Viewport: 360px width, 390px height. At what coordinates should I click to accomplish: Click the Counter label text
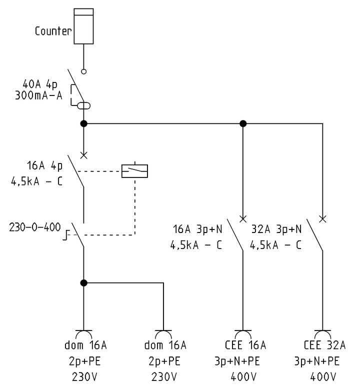coord(53,31)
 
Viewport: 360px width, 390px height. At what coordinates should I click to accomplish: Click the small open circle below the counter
coord(84,71)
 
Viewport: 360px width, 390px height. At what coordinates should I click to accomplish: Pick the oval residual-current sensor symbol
coord(83,105)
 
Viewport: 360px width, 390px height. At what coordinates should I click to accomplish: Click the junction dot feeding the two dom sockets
coord(84,283)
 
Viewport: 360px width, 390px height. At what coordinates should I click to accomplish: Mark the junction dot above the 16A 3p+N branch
coord(243,123)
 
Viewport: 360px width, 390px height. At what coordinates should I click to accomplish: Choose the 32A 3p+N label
coord(276,230)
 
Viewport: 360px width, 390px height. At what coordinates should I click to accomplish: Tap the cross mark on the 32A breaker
coord(322,218)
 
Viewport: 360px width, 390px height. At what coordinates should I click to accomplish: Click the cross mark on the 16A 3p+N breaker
coord(243,218)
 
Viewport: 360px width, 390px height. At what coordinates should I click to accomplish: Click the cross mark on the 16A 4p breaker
coord(84,155)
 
